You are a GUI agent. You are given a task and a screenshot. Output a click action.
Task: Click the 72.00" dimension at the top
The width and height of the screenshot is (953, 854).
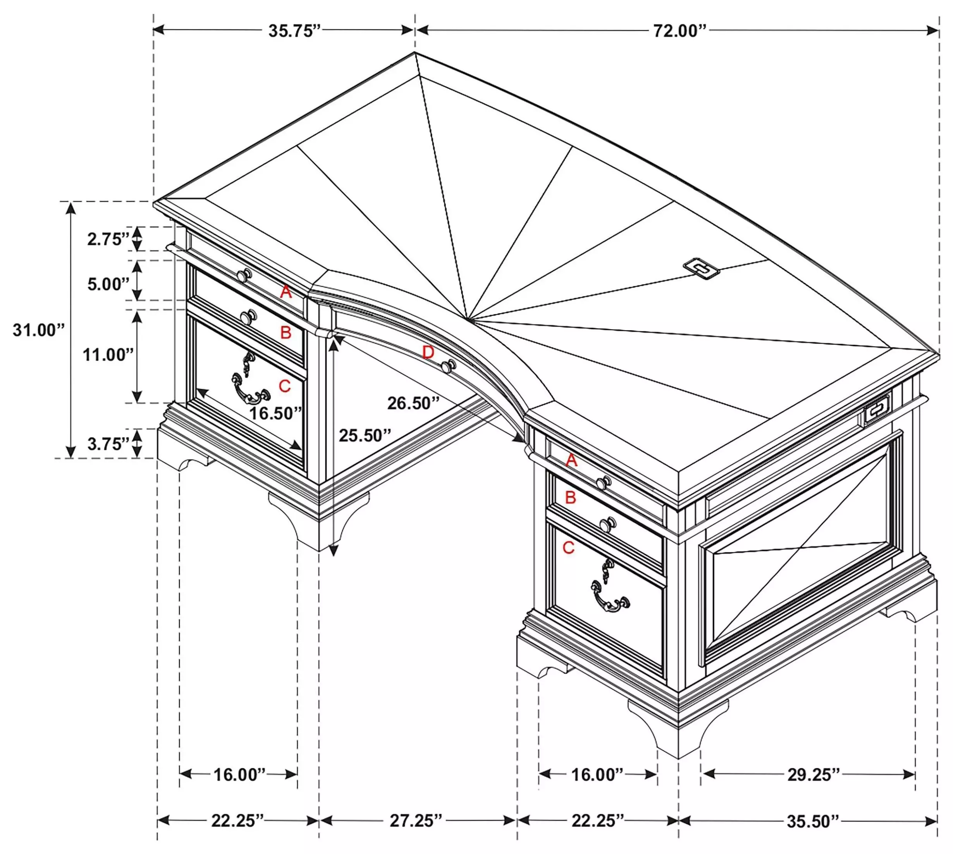[x=679, y=31]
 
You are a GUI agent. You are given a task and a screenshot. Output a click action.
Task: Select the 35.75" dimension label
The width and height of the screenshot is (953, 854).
[x=294, y=31]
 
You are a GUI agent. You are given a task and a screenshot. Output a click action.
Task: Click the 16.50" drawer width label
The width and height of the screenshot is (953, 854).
[x=275, y=413]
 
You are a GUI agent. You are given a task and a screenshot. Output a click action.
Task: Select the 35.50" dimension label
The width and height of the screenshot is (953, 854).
[x=813, y=821]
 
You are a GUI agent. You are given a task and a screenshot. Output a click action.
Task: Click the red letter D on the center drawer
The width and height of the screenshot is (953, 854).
[x=428, y=352]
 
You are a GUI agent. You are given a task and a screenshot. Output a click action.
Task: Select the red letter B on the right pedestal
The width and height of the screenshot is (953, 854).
[x=570, y=498]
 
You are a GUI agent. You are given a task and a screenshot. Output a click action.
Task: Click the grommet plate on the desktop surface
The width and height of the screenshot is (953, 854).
[x=702, y=268]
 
